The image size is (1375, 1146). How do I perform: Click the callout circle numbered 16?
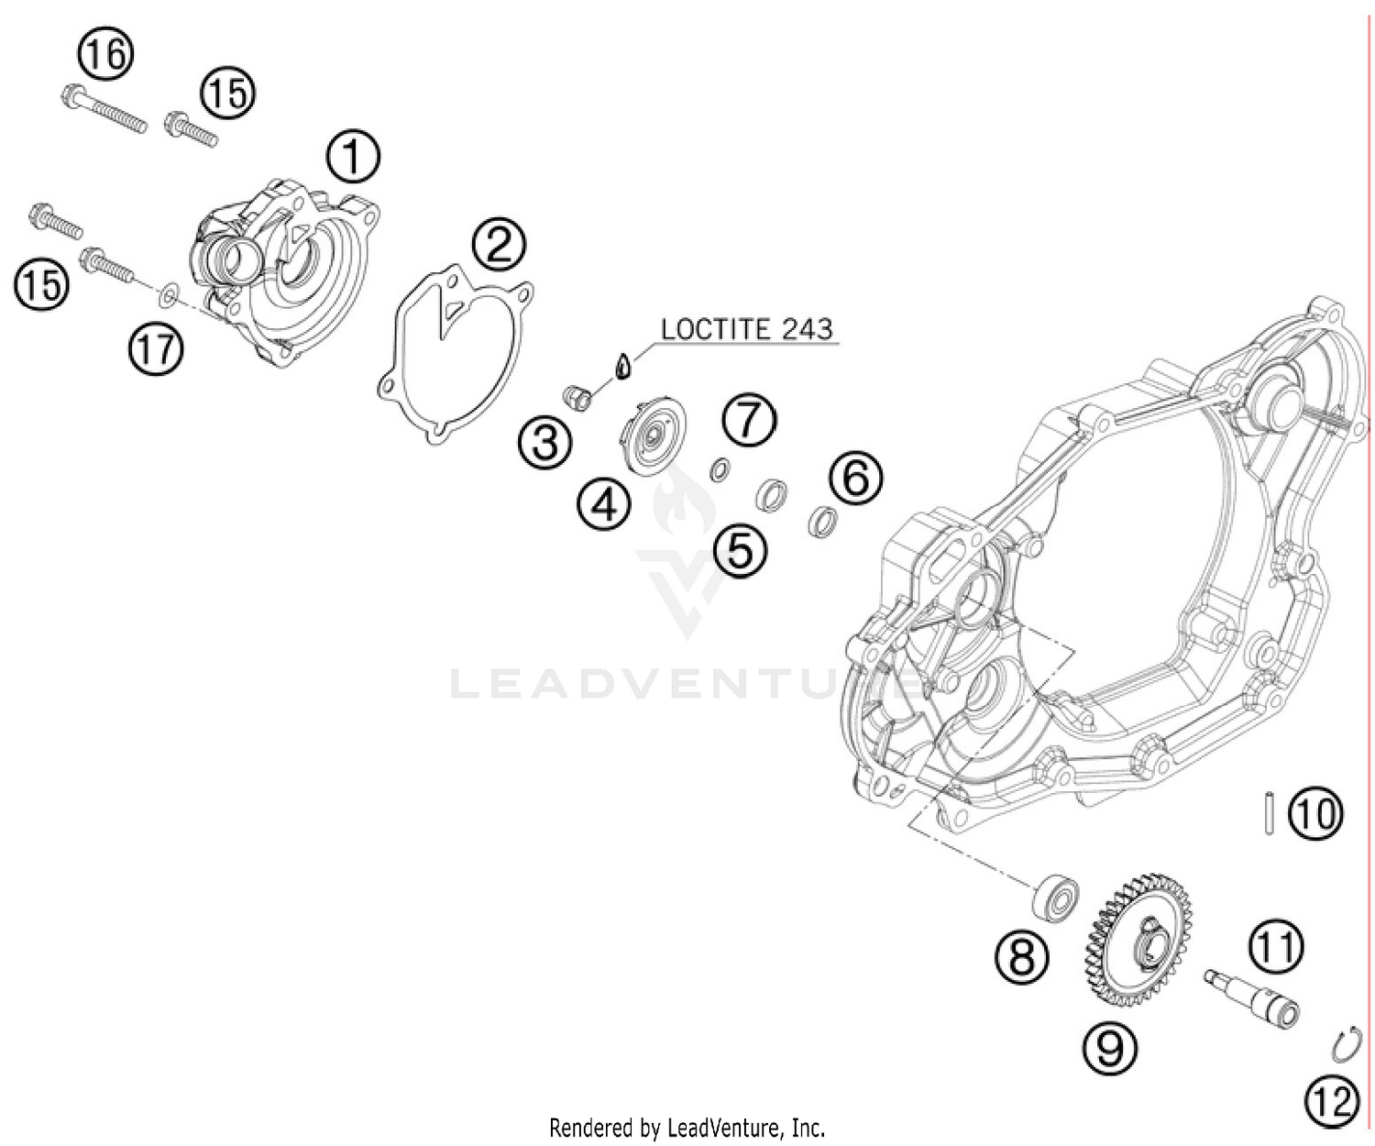(104, 55)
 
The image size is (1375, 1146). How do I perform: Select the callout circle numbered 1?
(354, 158)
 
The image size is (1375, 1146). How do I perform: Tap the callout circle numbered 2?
(499, 246)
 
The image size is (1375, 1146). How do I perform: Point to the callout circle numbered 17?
(156, 349)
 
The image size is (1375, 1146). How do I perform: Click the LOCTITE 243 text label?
(747, 329)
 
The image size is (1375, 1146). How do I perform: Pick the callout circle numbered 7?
(749, 421)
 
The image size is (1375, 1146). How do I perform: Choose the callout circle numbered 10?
(1315, 813)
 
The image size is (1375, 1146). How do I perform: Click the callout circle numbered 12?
(1331, 1099)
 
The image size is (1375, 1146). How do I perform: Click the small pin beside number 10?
(1266, 814)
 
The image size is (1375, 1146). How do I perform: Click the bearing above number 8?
(1054, 896)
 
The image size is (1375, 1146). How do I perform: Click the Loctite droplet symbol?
(623, 366)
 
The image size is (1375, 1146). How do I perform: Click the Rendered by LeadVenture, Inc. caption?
(687, 1127)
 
